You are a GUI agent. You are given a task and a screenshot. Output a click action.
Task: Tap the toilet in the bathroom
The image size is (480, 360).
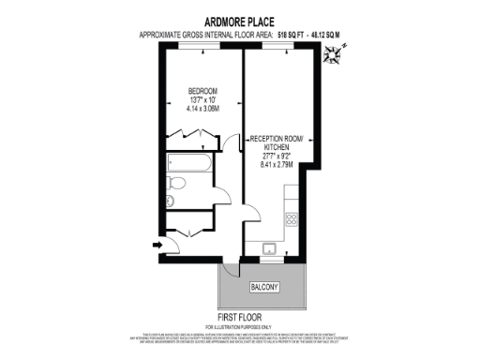tap(169, 201)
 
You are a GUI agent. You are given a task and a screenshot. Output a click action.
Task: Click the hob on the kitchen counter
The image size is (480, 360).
tap(292, 221)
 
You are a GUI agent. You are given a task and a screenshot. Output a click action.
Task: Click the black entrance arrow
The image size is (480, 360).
tap(155, 247)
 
